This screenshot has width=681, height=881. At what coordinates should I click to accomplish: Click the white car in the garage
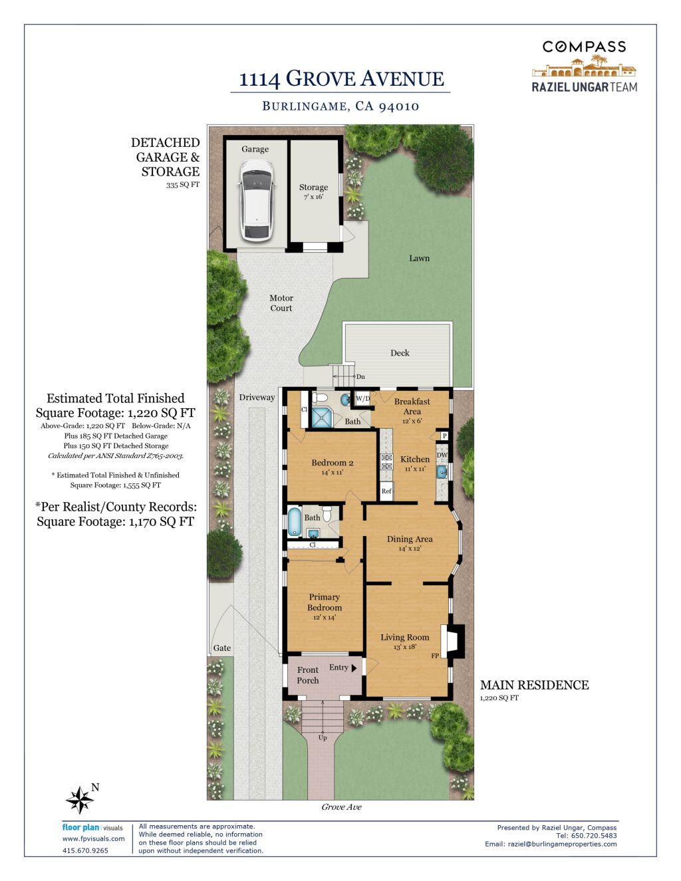(256, 200)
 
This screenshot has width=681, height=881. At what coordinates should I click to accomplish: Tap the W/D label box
(363, 398)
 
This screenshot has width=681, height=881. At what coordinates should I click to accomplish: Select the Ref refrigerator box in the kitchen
(386, 491)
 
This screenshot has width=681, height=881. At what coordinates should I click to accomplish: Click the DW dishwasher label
(442, 455)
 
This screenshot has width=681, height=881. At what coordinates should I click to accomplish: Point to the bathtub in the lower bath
(294, 521)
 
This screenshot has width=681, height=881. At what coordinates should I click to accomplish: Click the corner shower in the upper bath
(322, 418)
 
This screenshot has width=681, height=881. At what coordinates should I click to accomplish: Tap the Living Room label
(404, 638)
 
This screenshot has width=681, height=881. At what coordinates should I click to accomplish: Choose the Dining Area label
(410, 539)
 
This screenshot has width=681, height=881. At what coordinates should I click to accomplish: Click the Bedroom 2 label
(333, 463)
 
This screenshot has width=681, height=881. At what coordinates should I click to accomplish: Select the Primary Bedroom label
(325, 602)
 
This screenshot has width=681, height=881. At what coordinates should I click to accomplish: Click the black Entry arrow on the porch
(354, 668)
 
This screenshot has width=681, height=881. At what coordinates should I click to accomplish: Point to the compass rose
(79, 800)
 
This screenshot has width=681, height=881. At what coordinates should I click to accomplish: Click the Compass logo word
(584, 47)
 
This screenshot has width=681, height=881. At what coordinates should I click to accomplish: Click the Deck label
(400, 352)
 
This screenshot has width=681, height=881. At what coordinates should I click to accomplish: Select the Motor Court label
(281, 303)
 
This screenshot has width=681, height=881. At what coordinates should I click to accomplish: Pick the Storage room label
(313, 188)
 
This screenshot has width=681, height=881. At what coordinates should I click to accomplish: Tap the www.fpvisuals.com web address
(93, 838)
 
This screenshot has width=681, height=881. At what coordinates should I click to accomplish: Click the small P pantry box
(445, 436)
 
